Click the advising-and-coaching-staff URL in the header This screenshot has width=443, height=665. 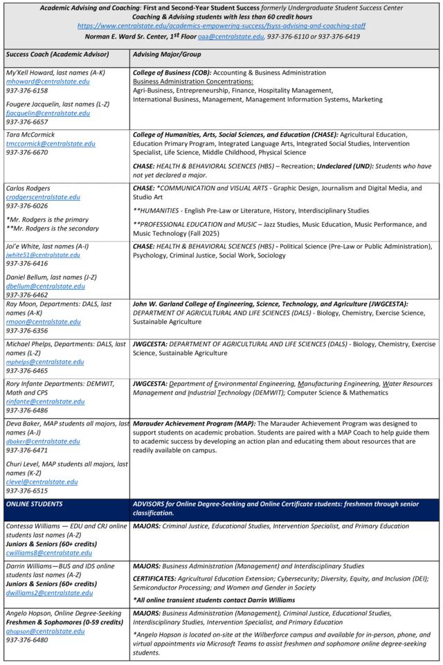(x=221, y=26)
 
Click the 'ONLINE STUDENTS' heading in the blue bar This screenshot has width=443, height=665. (x=34, y=504)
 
